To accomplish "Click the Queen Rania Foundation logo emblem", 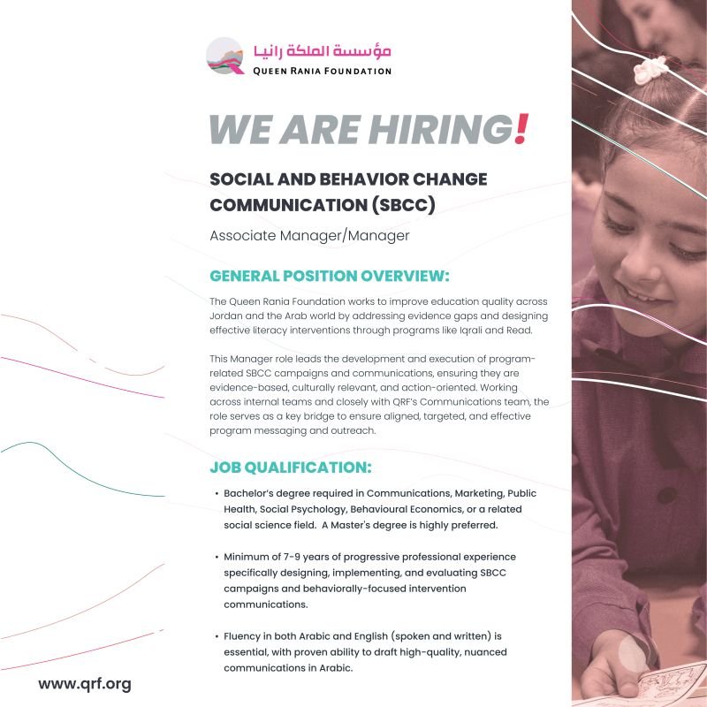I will tap(224, 56).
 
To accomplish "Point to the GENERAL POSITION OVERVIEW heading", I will tap(330, 276).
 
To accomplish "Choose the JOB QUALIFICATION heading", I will tap(291, 466).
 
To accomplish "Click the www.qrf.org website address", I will tap(84, 684).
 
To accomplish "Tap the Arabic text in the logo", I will tap(321, 50).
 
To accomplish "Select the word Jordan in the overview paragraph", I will tap(229, 315).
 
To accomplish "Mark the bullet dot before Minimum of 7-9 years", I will tap(217, 557).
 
